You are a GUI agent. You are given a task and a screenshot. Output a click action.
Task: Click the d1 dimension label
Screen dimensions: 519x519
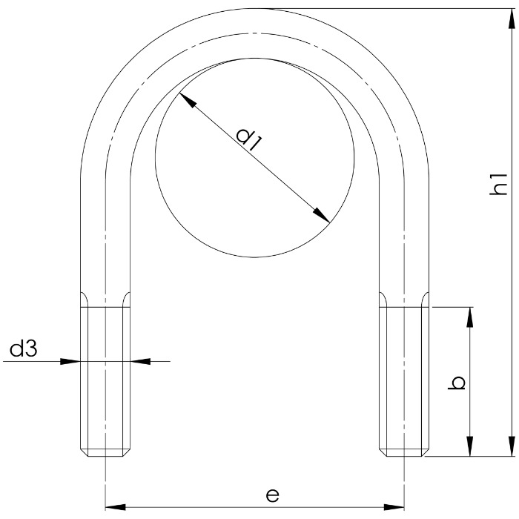[x=249, y=139]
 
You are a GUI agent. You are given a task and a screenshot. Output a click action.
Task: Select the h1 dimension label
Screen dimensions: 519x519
[x=498, y=184]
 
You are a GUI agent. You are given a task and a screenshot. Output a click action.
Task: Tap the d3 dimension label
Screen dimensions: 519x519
[x=23, y=349]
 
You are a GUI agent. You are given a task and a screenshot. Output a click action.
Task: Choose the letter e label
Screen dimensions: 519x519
[x=272, y=495]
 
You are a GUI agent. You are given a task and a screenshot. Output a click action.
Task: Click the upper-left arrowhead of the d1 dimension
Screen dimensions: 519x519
[x=188, y=100]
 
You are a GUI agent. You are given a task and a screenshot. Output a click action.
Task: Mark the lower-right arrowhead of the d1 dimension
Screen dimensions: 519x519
[x=321, y=216]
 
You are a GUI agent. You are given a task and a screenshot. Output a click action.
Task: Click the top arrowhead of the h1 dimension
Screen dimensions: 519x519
[x=512, y=19]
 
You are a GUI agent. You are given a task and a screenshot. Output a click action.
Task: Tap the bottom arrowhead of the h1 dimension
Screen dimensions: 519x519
[x=512, y=446]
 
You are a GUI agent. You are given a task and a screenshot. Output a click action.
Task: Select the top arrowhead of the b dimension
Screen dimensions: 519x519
[x=469, y=317]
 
